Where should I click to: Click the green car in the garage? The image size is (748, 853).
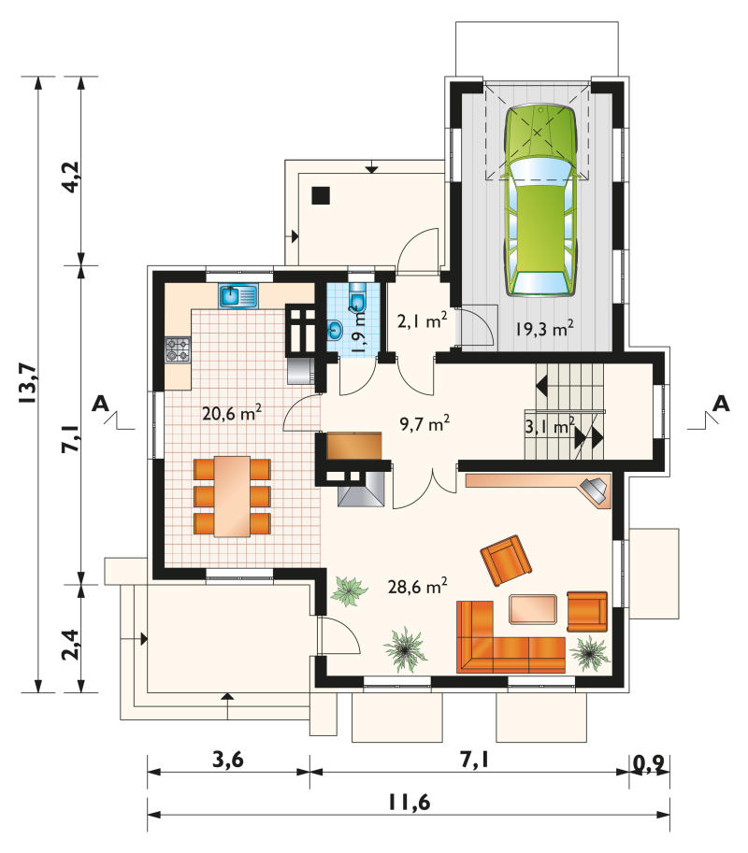click(x=540, y=201)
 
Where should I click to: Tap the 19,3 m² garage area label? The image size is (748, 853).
click(x=544, y=328)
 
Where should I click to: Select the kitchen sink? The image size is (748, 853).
click(x=239, y=296)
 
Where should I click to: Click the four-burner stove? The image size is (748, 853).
click(x=178, y=349)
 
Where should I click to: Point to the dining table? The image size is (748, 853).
click(x=232, y=496)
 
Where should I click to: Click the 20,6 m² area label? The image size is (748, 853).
click(x=231, y=413)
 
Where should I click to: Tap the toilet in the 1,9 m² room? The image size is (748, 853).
click(x=358, y=296)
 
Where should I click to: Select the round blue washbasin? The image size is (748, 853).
click(x=335, y=330)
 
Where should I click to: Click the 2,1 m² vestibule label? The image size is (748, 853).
click(x=423, y=321)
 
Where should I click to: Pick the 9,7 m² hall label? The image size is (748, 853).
click(x=424, y=422)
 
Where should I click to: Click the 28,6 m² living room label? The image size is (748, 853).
click(x=418, y=586)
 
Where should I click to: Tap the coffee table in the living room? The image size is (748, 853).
click(x=533, y=609)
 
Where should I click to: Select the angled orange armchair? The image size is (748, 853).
click(x=506, y=561)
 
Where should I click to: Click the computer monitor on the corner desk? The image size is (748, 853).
click(x=595, y=488)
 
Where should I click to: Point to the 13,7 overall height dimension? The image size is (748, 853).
click(x=27, y=383)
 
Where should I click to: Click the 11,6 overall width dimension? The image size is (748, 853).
click(x=409, y=802)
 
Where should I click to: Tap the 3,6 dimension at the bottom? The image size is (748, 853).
click(x=227, y=759)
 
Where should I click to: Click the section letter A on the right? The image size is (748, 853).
click(x=721, y=404)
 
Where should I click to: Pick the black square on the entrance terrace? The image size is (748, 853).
click(x=322, y=195)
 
